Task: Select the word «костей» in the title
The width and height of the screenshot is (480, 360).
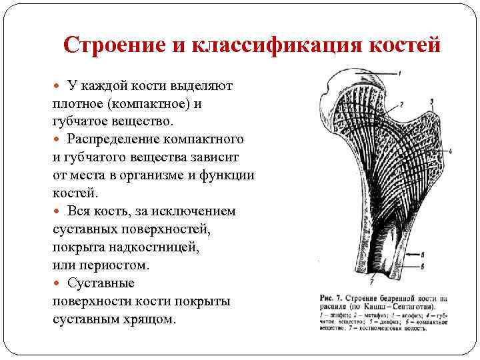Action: coord(406,45)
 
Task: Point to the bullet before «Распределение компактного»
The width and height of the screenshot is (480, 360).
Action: coord(57,140)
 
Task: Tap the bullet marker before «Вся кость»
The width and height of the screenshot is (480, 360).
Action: coord(57,211)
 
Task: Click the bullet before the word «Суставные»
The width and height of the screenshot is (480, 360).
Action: coord(57,283)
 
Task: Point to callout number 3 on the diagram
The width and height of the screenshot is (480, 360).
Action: coord(432,102)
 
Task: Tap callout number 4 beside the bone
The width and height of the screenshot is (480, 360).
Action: coord(451,151)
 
